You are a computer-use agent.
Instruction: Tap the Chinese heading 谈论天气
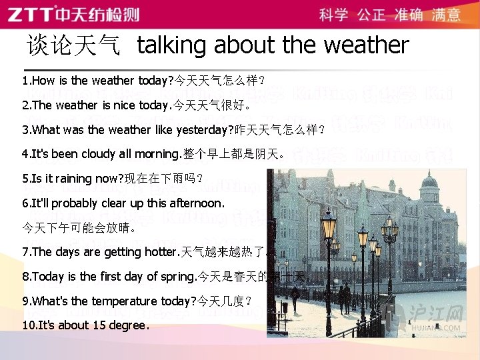pos(73,45)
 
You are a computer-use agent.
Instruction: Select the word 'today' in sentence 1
pos(155,81)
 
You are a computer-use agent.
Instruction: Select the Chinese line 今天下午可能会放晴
pos(79,227)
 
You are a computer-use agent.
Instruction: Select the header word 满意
pos(446,15)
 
